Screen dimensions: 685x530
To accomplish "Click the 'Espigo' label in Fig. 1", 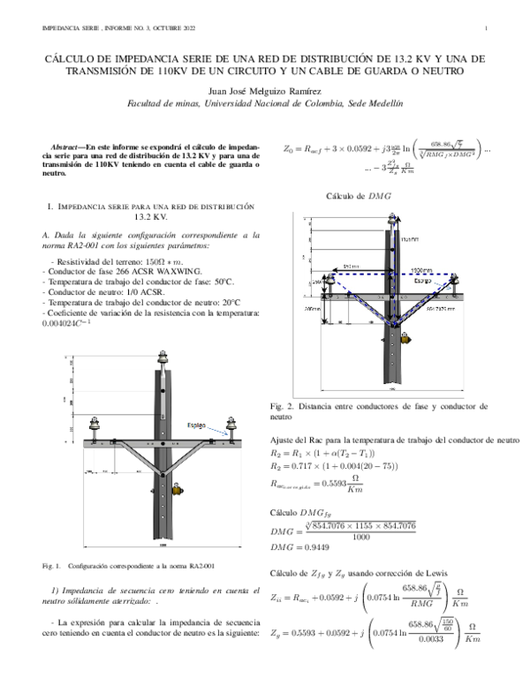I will tap(196, 425).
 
